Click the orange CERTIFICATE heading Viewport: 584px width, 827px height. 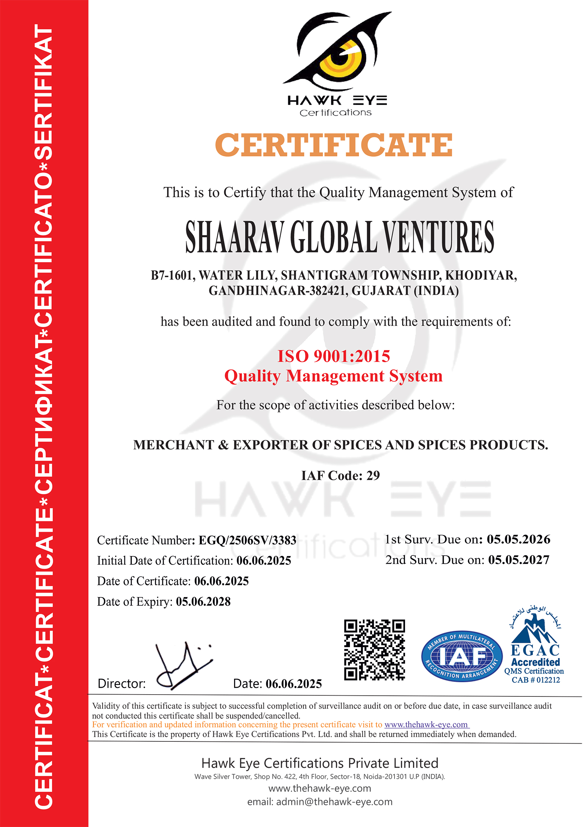[x=334, y=145]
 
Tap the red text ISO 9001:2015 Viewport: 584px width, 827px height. [x=334, y=356]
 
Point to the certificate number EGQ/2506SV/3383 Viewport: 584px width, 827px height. [x=247, y=540]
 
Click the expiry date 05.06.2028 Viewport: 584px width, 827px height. [x=203, y=602]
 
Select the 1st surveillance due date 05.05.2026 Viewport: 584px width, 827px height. [x=518, y=539]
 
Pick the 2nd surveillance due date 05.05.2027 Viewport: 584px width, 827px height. [x=519, y=560]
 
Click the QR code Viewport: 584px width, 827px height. [x=374, y=650]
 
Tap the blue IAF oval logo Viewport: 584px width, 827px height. [x=462, y=656]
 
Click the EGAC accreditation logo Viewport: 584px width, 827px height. [x=535, y=638]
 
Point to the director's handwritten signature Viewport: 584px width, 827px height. [x=183, y=666]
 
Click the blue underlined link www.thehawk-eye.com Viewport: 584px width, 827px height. [x=426, y=725]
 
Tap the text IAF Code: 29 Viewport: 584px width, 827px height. [x=341, y=476]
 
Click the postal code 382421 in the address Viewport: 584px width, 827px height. [x=327, y=291]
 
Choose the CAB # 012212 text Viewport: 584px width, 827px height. [x=536, y=680]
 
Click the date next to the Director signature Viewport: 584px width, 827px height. [x=293, y=684]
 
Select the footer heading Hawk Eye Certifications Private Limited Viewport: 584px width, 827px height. [x=320, y=763]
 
